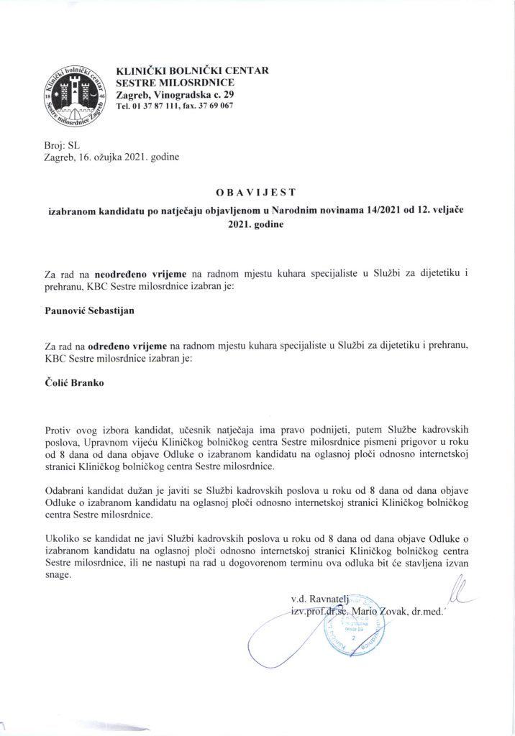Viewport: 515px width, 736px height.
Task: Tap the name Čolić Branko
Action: pyautogui.click(x=70, y=382)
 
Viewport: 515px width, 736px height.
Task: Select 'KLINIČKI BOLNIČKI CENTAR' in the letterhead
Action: pyautogui.click(x=192, y=70)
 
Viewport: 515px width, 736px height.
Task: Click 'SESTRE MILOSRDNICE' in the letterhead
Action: pyautogui.click(x=170, y=83)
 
